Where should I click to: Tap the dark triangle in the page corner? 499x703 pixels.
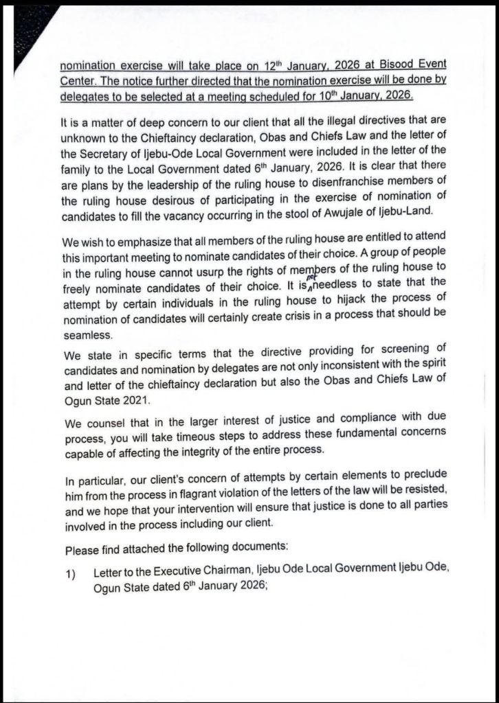tap(27, 34)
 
